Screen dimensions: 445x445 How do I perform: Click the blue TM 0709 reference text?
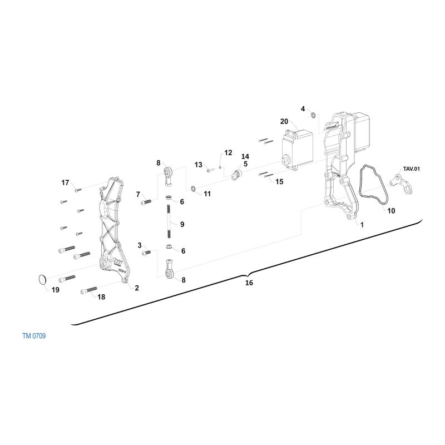(x=34, y=336)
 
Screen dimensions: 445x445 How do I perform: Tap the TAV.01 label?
(x=411, y=169)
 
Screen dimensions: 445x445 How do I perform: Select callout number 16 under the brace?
(x=249, y=283)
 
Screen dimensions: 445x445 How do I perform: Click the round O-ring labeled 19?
(x=42, y=279)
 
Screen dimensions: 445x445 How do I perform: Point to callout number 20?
(x=284, y=121)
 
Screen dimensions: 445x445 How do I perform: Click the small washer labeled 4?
(x=313, y=115)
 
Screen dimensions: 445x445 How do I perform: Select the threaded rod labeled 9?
(x=169, y=222)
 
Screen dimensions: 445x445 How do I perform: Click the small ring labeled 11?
(x=193, y=189)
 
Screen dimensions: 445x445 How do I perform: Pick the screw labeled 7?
(x=146, y=202)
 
